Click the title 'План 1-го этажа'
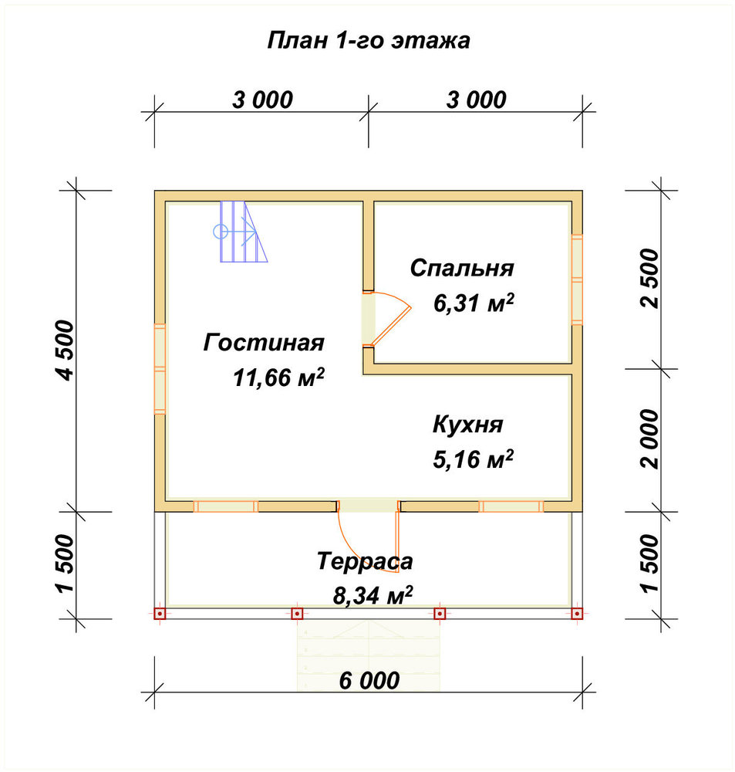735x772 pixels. click(x=369, y=41)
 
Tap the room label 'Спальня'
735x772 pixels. click(x=462, y=269)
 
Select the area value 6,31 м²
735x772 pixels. click(x=474, y=303)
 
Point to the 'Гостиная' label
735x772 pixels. click(x=264, y=343)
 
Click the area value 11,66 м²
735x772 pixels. click(x=278, y=378)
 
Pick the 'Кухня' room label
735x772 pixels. click(x=468, y=425)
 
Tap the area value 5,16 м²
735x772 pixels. click(x=474, y=459)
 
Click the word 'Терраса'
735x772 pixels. click(x=365, y=561)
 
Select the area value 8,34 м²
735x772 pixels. click(x=373, y=596)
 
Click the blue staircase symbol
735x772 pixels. click(x=241, y=232)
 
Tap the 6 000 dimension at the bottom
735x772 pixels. click(x=369, y=681)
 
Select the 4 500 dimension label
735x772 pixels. click(x=66, y=350)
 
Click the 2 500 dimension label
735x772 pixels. click(x=649, y=279)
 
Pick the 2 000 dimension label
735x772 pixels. click(x=649, y=439)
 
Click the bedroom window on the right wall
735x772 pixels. click(x=577, y=279)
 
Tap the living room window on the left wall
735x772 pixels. click(x=160, y=369)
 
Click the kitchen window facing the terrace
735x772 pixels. click(x=511, y=506)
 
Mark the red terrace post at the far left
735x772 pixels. click(x=160, y=614)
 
